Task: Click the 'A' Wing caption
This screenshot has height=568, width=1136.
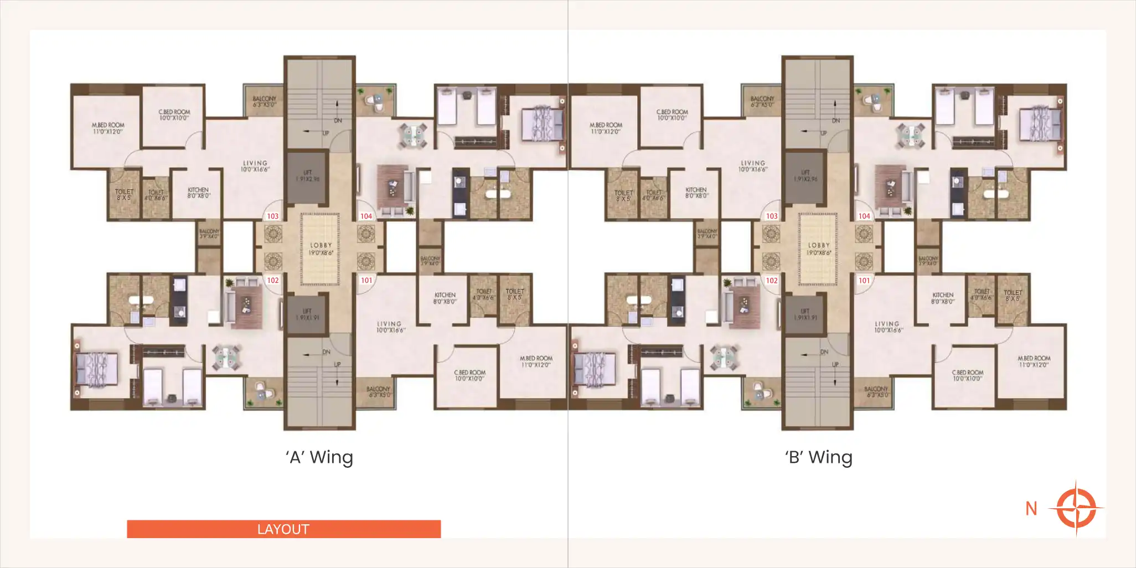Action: (319, 457)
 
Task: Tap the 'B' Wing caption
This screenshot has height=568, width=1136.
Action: (818, 457)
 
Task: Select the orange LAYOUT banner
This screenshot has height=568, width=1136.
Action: (283, 529)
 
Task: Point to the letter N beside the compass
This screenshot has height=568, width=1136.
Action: (1031, 508)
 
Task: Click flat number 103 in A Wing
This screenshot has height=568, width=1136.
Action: (273, 216)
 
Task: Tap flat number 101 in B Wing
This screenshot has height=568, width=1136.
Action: (864, 280)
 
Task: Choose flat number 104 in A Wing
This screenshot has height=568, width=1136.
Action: (366, 216)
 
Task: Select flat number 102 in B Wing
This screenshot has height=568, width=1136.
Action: (772, 280)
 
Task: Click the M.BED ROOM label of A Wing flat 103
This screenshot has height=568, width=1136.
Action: (108, 128)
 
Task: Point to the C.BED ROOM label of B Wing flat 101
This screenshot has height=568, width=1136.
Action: (967, 375)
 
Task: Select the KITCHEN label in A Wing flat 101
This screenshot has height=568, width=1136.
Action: (445, 298)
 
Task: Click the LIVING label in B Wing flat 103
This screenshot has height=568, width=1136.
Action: (753, 166)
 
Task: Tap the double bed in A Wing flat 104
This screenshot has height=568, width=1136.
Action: (542, 125)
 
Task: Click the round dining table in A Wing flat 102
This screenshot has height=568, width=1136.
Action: (226, 358)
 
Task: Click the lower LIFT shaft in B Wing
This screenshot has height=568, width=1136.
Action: (805, 314)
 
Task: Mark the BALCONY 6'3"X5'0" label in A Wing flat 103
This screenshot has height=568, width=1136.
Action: (264, 101)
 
